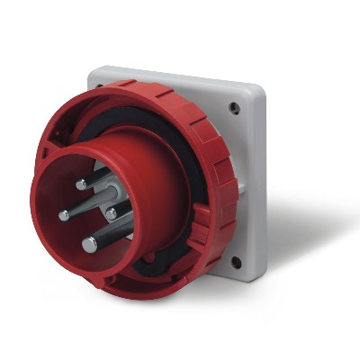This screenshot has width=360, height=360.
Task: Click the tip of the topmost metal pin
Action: click(81, 184)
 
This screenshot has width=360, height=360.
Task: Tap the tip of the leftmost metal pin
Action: click(64, 215)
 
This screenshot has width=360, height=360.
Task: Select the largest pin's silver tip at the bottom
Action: click(89, 244)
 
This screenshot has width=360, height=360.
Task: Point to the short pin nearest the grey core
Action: click(111, 213)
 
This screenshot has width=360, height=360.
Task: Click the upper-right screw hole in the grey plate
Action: click(235, 108)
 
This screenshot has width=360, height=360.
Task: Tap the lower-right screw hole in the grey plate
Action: click(236, 263)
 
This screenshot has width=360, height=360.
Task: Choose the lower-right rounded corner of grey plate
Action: click(256, 274)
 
